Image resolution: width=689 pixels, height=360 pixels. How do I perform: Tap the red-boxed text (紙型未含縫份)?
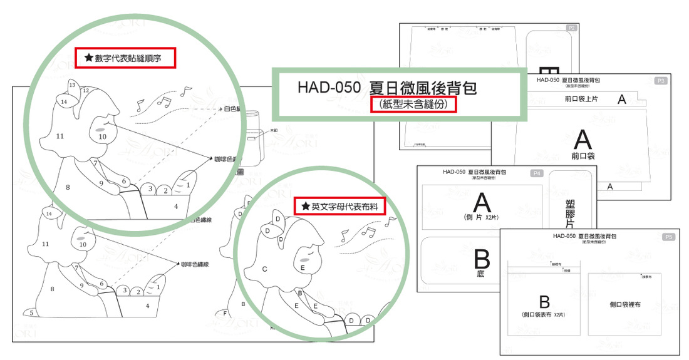413,105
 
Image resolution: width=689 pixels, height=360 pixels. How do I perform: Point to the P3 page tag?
660,81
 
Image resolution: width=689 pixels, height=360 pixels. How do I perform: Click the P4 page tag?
537,173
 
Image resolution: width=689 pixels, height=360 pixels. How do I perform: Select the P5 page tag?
668,237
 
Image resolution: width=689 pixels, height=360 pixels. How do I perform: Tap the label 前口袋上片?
580,99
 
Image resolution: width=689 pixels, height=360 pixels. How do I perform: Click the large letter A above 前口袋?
583,138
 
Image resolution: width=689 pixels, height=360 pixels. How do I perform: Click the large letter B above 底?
482,258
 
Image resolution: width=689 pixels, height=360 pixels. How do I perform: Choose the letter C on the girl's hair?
265,269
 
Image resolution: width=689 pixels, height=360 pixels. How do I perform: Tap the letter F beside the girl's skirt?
225,312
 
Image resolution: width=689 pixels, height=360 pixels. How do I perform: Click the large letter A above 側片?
481,202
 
